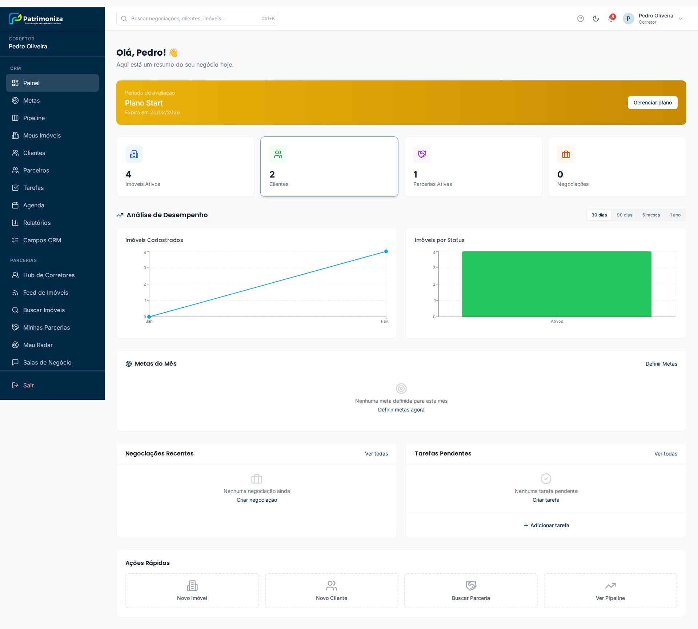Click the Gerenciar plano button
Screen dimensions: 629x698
click(652, 103)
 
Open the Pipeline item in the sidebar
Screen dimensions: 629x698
click(34, 118)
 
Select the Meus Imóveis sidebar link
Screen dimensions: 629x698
click(42, 135)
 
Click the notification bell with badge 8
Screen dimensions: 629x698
click(611, 19)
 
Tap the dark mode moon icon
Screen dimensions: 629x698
click(595, 19)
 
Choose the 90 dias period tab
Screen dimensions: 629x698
click(624, 215)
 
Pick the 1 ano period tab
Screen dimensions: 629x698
click(675, 215)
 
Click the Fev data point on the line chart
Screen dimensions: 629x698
click(386, 251)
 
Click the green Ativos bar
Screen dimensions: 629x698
click(556, 284)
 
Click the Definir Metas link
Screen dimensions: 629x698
click(661, 364)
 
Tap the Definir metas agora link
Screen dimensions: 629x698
click(401, 410)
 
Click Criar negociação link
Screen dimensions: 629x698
click(257, 500)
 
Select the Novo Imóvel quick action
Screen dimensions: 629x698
click(192, 590)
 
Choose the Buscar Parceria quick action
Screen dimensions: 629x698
click(471, 590)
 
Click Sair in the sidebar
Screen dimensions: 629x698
click(28, 385)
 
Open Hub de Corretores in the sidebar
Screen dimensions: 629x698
click(49, 275)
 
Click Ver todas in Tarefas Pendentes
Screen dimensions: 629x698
click(665, 454)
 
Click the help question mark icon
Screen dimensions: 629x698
click(580, 19)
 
